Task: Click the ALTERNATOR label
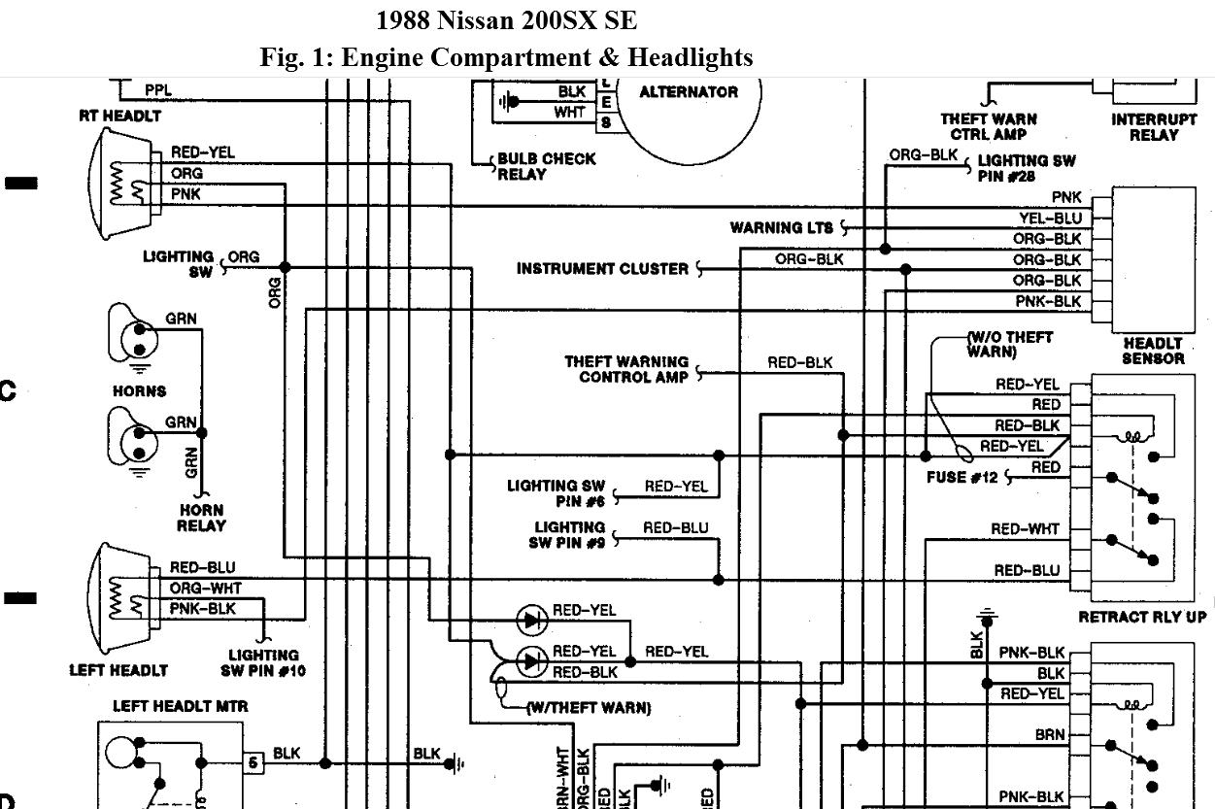(x=689, y=92)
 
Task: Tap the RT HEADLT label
(x=120, y=116)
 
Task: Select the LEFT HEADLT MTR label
(x=167, y=706)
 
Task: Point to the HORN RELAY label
(x=201, y=518)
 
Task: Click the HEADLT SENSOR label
(x=1153, y=351)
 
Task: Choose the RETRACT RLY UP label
(x=1142, y=617)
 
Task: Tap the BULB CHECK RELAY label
(x=546, y=166)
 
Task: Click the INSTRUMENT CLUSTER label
(x=602, y=269)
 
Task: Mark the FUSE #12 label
(x=962, y=478)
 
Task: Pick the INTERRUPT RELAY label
(x=1154, y=127)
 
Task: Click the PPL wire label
(x=158, y=90)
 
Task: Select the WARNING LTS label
(x=782, y=228)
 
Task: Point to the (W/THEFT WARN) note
(x=589, y=708)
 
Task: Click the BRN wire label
(x=1050, y=735)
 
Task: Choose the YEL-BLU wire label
(x=1050, y=219)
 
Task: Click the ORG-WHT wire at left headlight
(x=205, y=589)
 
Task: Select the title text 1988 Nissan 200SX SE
(x=506, y=20)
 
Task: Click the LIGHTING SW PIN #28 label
(x=1026, y=168)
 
